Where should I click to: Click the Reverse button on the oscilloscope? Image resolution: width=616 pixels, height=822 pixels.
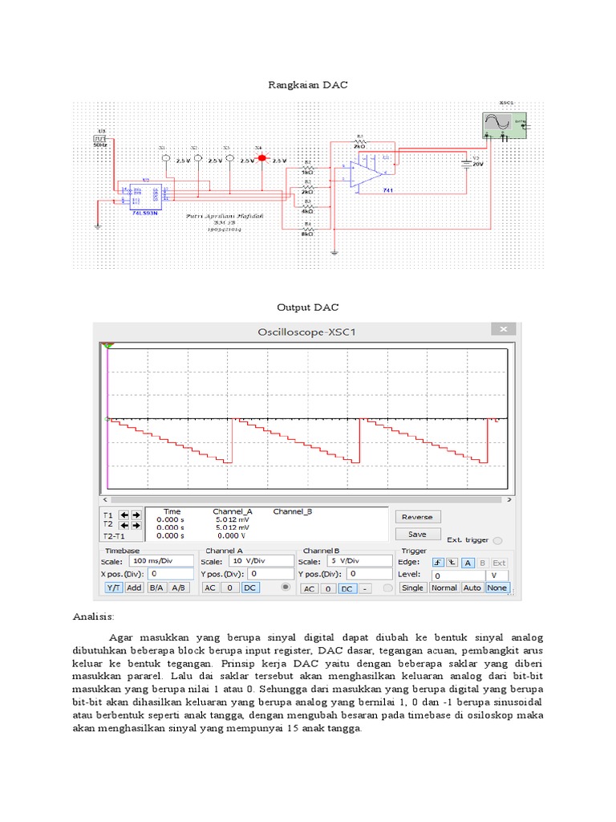point(417,517)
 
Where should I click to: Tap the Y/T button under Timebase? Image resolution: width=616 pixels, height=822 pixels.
point(113,588)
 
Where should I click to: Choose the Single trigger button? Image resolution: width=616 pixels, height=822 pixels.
point(412,588)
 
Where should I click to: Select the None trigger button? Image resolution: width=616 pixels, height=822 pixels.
point(496,588)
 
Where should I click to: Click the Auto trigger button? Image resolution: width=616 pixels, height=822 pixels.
point(472,588)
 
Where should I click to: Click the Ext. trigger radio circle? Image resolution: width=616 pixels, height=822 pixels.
point(497,541)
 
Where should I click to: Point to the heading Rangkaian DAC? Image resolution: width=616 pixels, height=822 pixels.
point(307,84)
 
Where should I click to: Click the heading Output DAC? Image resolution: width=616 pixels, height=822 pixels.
point(307,307)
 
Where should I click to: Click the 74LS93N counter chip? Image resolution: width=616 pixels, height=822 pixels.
point(145,194)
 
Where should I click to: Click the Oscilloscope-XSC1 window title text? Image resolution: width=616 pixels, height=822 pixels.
point(306,331)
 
